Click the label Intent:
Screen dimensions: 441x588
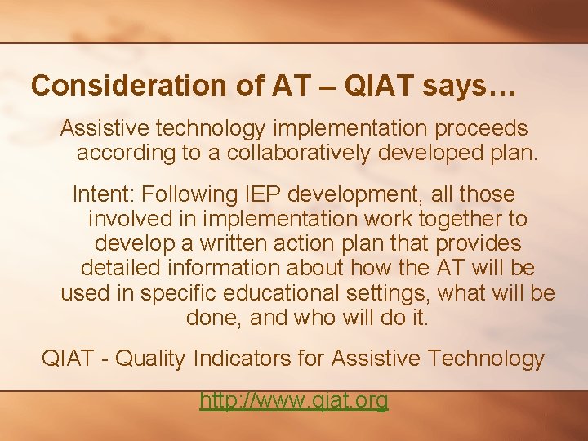(x=104, y=195)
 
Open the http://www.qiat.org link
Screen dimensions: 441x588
(x=294, y=400)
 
